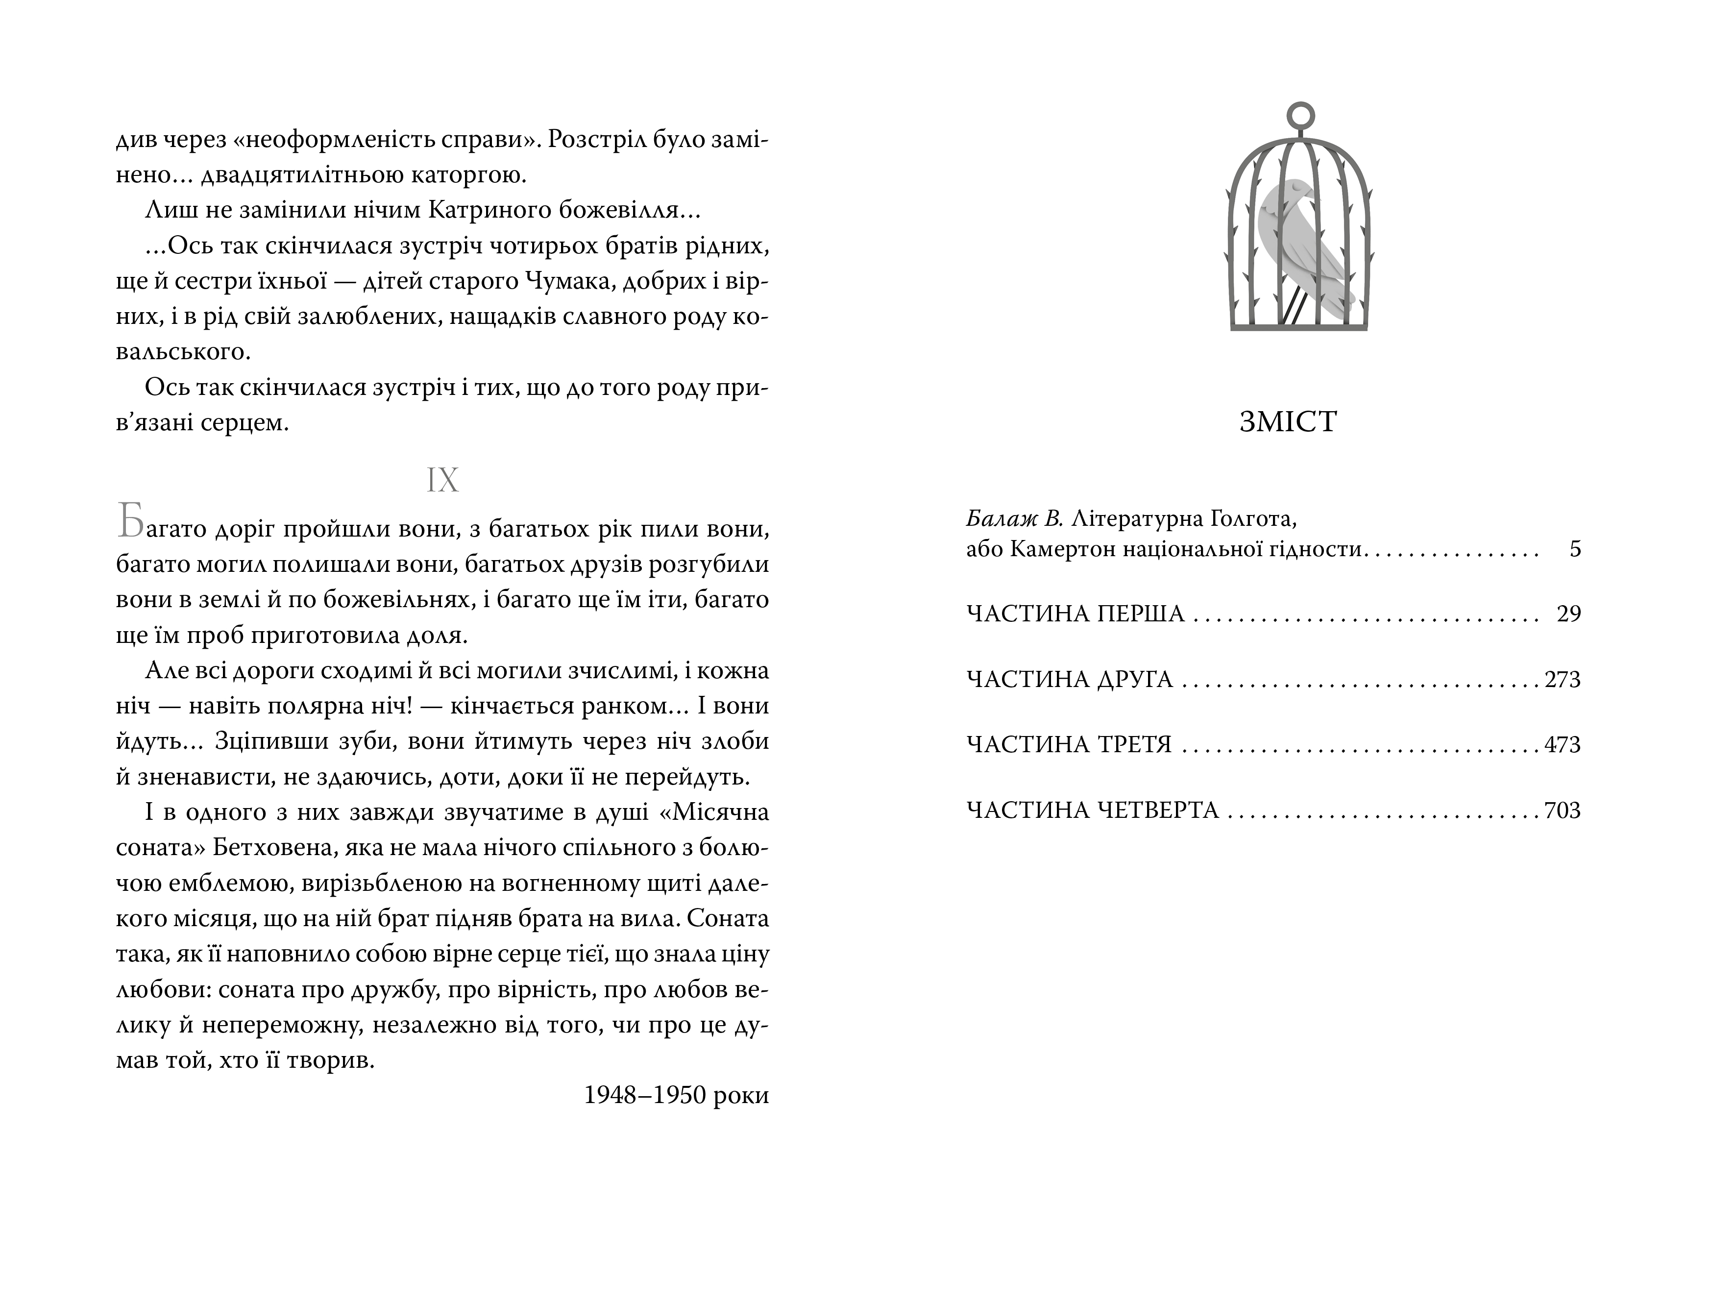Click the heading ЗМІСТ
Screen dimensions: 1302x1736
(x=1288, y=423)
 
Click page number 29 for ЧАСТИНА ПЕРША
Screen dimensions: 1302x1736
(x=1568, y=614)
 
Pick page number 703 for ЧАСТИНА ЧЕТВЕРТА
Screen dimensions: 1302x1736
(x=1562, y=810)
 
